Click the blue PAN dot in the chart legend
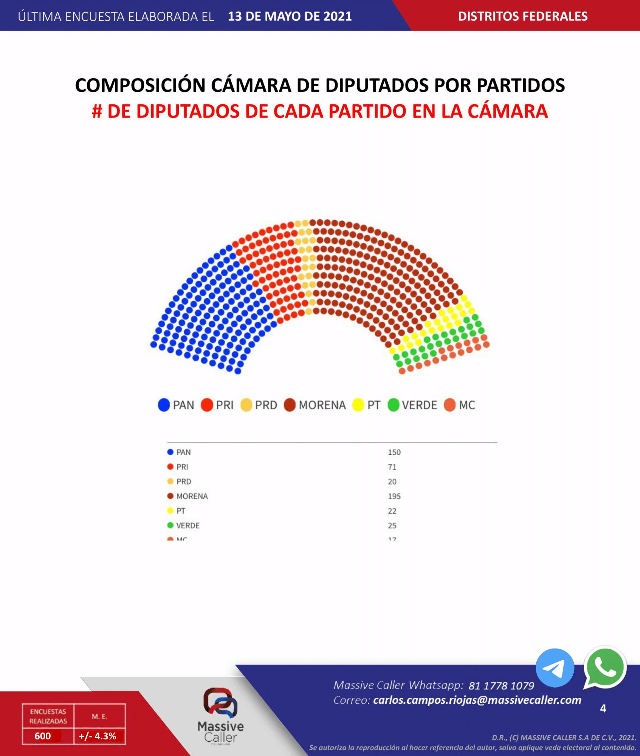coord(164,405)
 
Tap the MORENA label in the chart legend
coord(322,405)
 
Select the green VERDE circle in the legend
coord(394,405)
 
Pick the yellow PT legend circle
coord(358,405)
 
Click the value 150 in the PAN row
coord(394,452)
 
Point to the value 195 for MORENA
coord(394,496)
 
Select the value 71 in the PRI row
coord(392,467)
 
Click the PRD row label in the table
coord(184,482)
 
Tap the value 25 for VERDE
coord(392,525)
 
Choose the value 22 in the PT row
coord(392,511)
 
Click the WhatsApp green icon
coord(605,668)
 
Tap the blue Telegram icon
coord(555,668)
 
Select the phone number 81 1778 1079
coord(501,686)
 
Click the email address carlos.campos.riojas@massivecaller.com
coord(477,700)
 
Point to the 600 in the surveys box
coord(43,736)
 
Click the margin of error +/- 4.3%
coord(98,736)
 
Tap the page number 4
coord(603,708)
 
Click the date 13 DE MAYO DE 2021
coord(290,16)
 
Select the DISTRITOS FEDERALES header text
coord(523,16)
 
